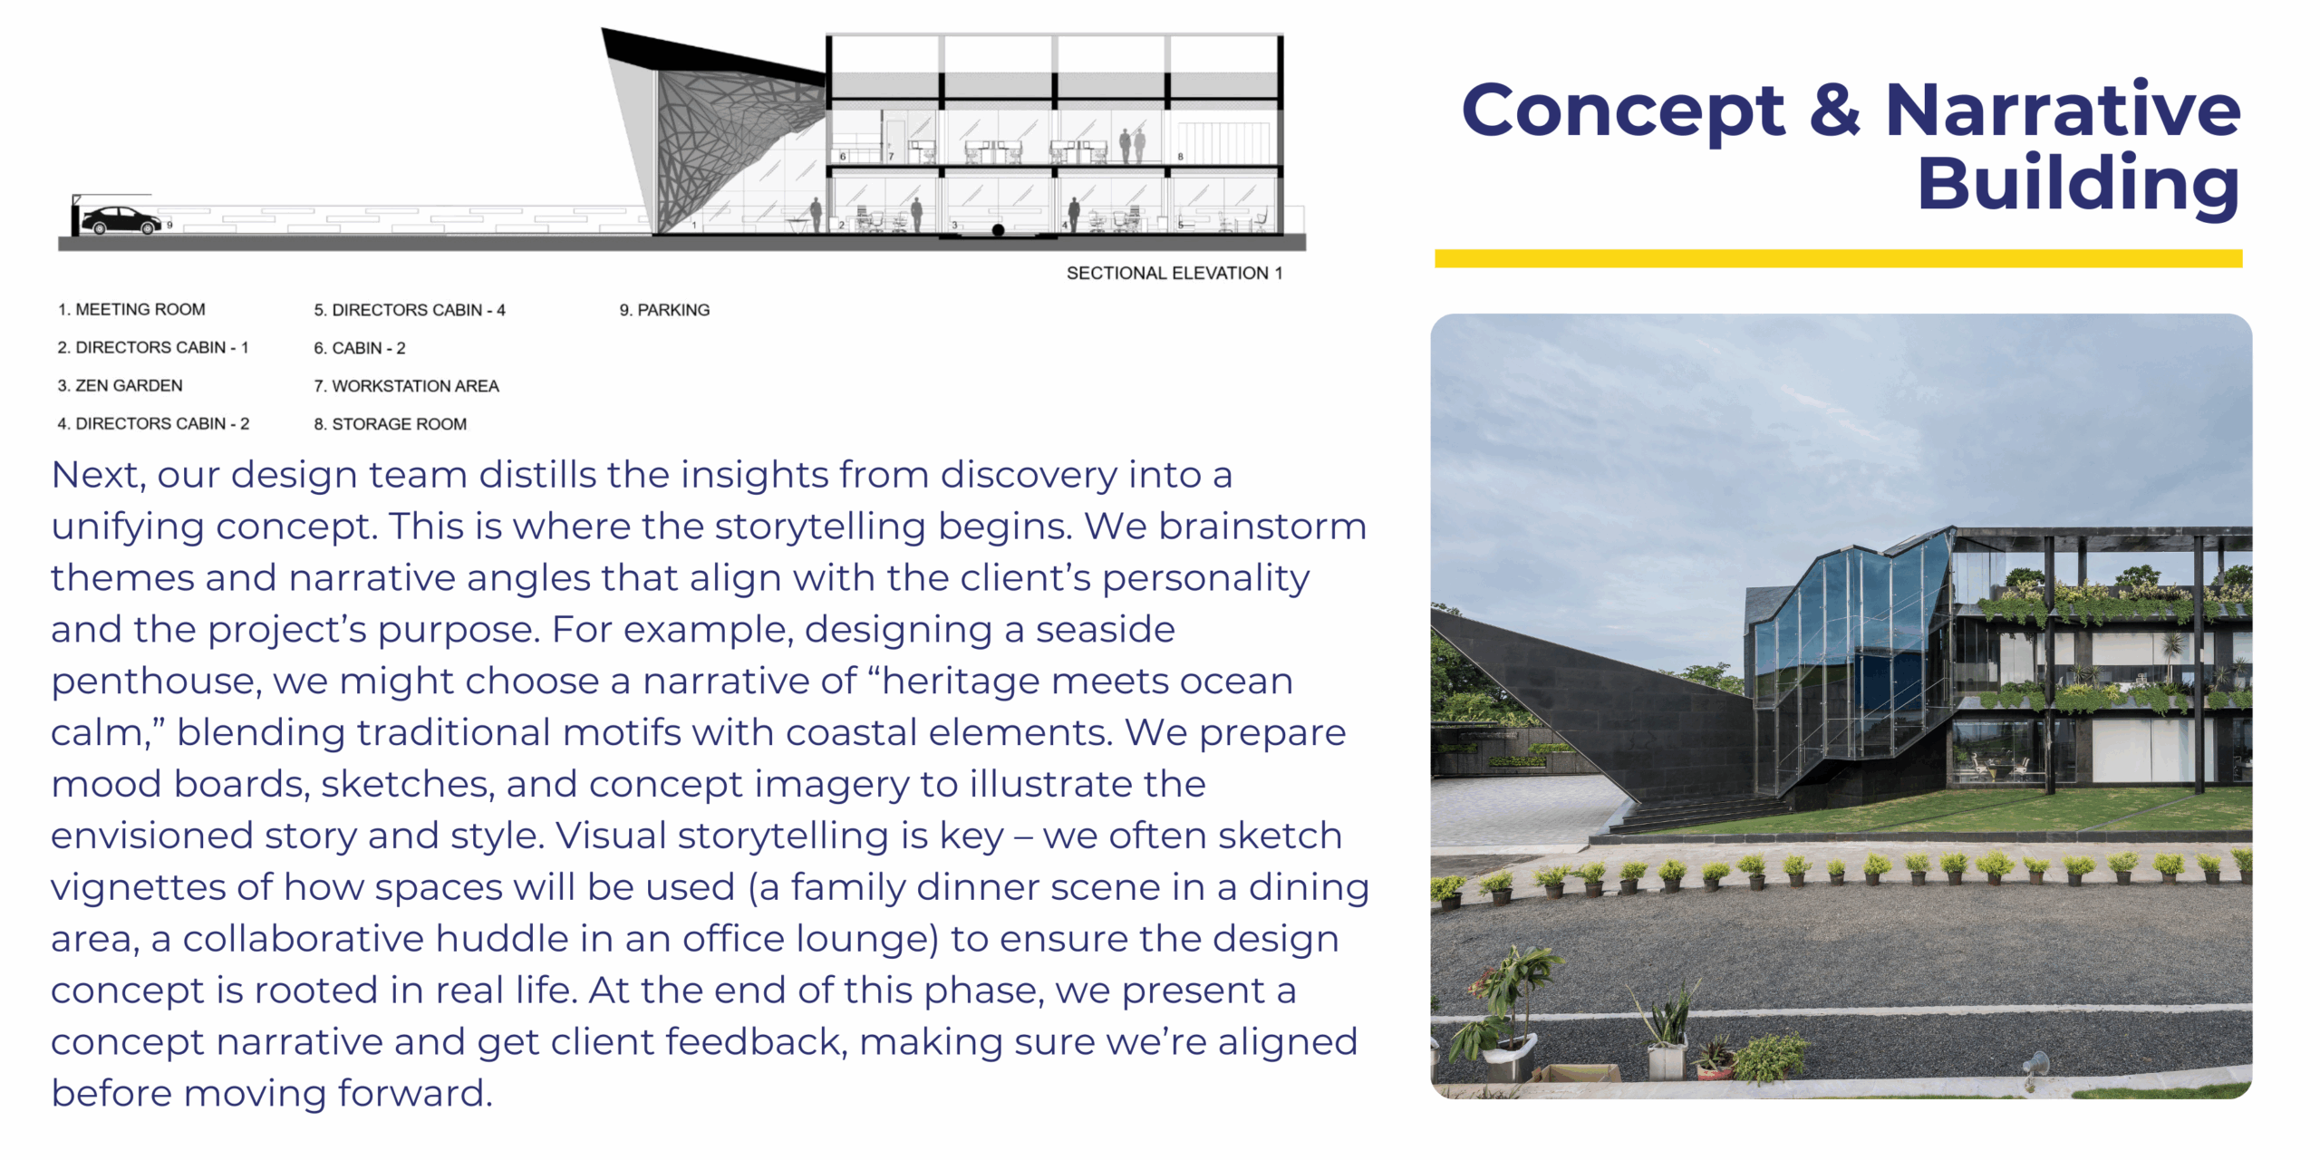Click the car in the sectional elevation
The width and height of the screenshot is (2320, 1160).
pyautogui.click(x=121, y=220)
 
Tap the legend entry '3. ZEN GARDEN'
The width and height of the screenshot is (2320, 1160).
pyautogui.click(x=120, y=385)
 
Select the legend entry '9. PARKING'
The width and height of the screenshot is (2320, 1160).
pyautogui.click(x=664, y=310)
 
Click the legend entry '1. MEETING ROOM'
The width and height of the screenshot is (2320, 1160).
pyautogui.click(x=131, y=310)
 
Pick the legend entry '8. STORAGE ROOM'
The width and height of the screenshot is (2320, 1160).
pyautogui.click(x=391, y=424)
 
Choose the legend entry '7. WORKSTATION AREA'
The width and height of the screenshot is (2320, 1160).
pyautogui.click(x=406, y=386)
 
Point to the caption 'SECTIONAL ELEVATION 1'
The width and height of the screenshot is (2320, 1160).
pyautogui.click(x=1174, y=273)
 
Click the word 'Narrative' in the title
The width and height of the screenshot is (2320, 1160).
pyautogui.click(x=2063, y=111)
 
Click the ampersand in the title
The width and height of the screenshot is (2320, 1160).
pyautogui.click(x=1834, y=111)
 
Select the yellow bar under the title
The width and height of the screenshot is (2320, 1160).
pyautogui.click(x=1839, y=258)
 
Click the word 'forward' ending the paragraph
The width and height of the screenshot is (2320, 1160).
pyautogui.click(x=414, y=1093)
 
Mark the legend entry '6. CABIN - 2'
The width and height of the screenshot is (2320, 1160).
pyautogui.click(x=360, y=348)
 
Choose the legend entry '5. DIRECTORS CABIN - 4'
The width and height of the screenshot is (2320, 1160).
pyautogui.click(x=410, y=310)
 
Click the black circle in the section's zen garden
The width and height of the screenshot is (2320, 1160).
pyautogui.click(x=998, y=230)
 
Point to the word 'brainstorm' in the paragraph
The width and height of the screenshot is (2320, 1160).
pyautogui.click(x=1262, y=527)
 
